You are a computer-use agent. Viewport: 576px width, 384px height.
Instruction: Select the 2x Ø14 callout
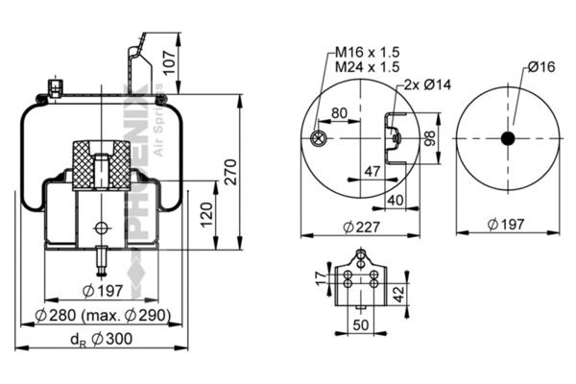[428, 84]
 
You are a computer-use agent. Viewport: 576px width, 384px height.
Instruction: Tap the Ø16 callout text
[541, 66]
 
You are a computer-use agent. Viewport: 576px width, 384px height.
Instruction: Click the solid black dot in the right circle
[508, 138]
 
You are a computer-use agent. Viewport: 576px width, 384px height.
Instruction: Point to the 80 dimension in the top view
[339, 112]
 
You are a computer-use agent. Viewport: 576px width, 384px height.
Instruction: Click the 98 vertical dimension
[431, 138]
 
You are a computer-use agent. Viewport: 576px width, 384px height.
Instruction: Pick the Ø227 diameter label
[362, 227]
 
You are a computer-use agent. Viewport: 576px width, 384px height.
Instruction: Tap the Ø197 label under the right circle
[507, 224]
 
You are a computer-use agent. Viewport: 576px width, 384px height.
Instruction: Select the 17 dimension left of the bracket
[320, 279]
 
